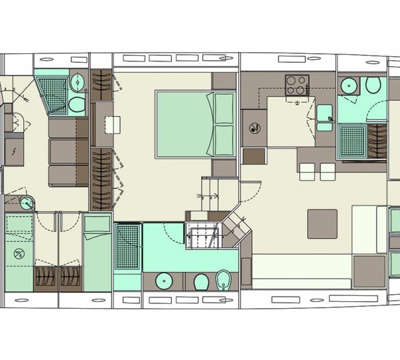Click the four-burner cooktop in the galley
pyautogui.click(x=295, y=85)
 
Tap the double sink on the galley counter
pyautogui.click(x=325, y=115)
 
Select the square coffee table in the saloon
pyautogui.click(x=322, y=223)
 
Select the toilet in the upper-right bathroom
pyautogui.click(x=373, y=86)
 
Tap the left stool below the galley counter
pyautogui.click(x=307, y=172)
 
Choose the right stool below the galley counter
pyautogui.click(x=327, y=172)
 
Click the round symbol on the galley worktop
pyautogui.click(x=255, y=128)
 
